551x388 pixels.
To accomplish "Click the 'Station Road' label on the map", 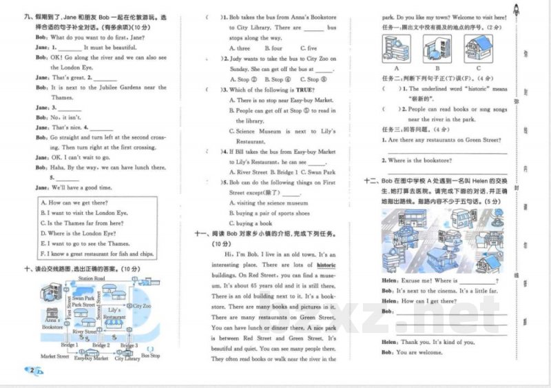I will click(x=91, y=278).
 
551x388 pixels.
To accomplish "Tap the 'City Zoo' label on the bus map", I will click(x=143, y=305).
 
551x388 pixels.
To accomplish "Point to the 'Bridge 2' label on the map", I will click(x=101, y=345).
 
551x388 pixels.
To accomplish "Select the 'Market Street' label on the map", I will click(x=54, y=356).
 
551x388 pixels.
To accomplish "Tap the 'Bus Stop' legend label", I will click(x=150, y=356).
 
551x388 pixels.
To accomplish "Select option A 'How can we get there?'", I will click(x=74, y=203).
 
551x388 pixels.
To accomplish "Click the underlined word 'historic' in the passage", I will click(x=326, y=265).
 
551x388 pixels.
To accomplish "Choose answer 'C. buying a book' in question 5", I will click(x=254, y=223).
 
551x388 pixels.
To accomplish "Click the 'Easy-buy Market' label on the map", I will click(x=91, y=358).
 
